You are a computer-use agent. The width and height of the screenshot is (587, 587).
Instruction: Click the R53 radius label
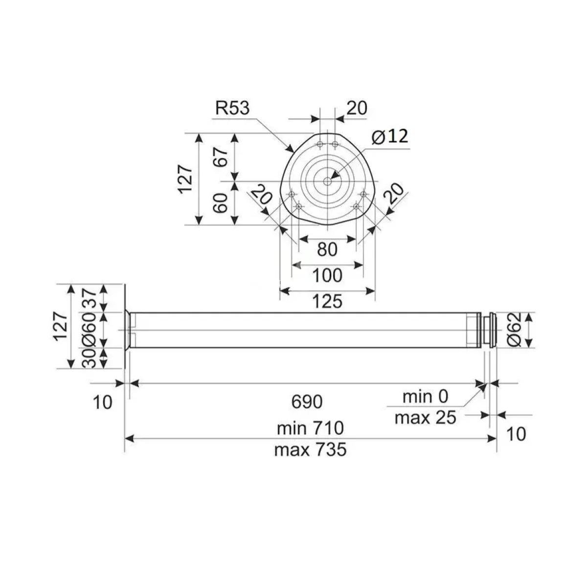[x=232, y=108]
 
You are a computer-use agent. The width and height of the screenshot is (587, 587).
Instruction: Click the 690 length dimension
[x=307, y=402]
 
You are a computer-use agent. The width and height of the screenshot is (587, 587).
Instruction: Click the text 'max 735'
[x=311, y=450]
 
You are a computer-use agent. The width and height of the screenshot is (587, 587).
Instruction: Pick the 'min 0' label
[x=425, y=397]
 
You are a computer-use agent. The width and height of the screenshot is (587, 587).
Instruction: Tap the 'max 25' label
[x=425, y=418]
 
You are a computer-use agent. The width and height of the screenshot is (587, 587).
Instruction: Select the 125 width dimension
[x=327, y=302]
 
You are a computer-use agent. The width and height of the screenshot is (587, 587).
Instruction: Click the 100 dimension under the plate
[x=327, y=276]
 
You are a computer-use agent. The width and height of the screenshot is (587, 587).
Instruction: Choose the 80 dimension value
[x=327, y=249]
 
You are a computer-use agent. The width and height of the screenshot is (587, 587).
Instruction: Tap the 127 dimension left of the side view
[x=62, y=326]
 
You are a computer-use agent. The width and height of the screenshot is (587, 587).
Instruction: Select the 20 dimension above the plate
[x=357, y=108]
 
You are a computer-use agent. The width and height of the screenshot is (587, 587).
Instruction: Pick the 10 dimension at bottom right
[x=516, y=434]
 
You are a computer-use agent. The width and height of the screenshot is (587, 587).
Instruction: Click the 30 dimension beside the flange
[x=90, y=358]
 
